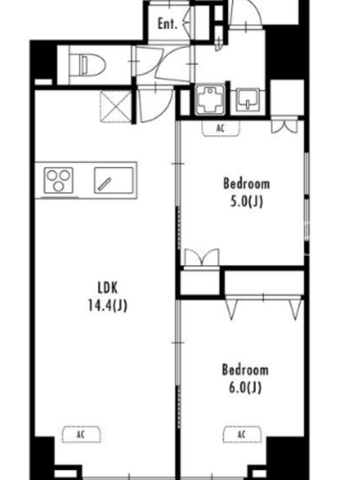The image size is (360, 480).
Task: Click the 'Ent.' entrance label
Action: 167,23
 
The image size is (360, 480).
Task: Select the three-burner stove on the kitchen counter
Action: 58,180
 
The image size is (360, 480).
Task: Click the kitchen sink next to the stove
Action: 113,180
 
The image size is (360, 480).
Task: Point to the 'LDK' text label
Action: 107,288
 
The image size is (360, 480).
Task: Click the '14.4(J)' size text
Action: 107,305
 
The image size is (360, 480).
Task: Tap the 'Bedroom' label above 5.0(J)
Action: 247,184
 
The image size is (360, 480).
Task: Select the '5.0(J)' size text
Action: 247,202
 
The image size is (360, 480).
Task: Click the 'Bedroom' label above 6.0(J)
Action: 245,370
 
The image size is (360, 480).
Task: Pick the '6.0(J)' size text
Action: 245,388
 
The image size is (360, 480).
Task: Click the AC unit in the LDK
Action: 81,434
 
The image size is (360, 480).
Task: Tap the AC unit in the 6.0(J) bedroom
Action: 242,434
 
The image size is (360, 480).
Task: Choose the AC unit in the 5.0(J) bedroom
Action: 220,128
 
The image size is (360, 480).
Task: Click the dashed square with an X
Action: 116,107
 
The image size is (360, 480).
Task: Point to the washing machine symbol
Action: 209,100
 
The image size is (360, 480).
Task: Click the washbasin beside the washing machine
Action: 248,100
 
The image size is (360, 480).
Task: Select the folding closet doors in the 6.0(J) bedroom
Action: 263,308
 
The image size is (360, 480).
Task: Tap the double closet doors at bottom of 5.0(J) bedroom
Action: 202,258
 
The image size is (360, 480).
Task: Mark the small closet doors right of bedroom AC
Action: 284,127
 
